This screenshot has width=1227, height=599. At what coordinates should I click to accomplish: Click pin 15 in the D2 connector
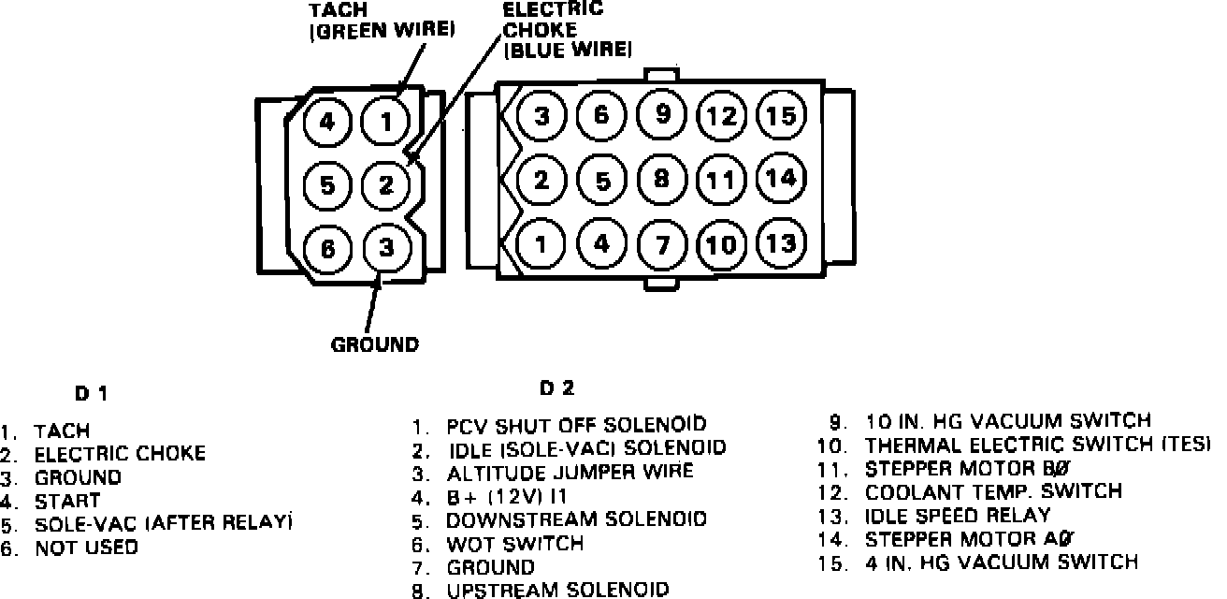tap(781, 116)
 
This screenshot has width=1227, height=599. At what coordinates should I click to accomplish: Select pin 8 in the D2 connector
tap(662, 178)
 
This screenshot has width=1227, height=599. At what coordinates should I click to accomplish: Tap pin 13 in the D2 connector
tap(781, 243)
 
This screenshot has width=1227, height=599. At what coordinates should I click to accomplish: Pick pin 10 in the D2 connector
tap(721, 245)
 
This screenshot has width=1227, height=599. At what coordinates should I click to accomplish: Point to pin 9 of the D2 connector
tap(662, 114)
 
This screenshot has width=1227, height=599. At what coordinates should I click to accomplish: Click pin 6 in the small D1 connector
tap(327, 249)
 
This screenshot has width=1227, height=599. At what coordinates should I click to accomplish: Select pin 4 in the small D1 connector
tap(327, 122)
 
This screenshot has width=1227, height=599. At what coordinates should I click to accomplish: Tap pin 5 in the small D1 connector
tap(327, 184)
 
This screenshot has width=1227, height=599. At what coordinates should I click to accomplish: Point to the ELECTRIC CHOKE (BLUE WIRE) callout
tap(567, 29)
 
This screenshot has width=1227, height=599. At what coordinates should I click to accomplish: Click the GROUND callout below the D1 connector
tap(374, 344)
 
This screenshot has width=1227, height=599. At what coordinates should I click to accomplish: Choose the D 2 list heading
tap(556, 387)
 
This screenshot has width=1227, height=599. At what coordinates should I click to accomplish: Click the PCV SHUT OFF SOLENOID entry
tap(576, 426)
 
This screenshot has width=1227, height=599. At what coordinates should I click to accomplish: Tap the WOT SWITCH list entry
tap(514, 544)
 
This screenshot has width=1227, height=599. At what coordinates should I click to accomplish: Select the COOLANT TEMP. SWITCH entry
tap(993, 491)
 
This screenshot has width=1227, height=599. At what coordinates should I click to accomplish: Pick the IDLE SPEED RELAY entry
tap(958, 515)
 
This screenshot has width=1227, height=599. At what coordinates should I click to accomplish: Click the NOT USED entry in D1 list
tap(86, 548)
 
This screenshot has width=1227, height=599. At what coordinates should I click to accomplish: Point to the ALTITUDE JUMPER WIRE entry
tap(570, 472)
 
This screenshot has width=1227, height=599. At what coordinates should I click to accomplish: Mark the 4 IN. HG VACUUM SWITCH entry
tap(1001, 562)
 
